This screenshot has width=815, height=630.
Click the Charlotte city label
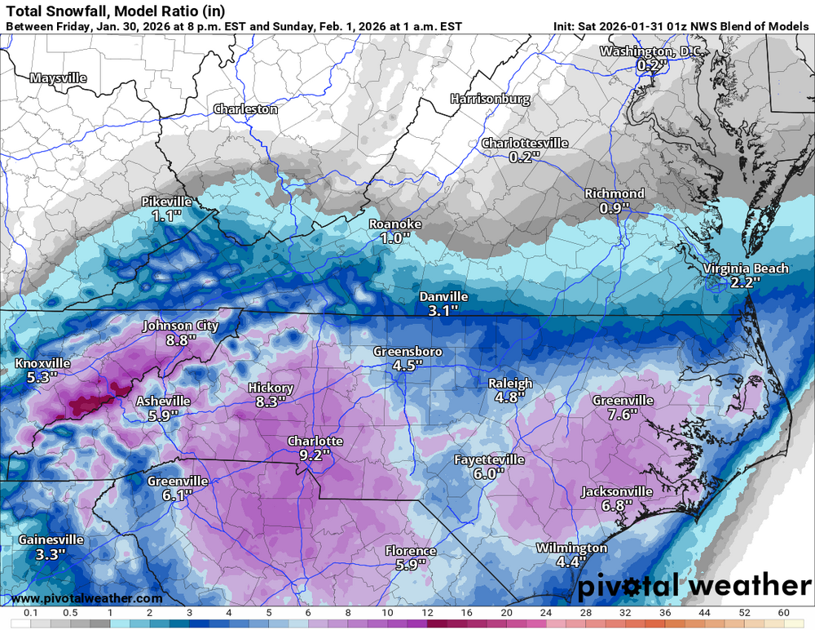tap(315, 441)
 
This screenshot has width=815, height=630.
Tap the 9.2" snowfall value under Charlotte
tap(315, 455)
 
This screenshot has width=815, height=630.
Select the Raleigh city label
tap(510, 384)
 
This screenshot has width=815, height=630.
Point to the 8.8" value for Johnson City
tap(181, 339)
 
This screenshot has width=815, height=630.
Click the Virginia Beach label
tap(746, 268)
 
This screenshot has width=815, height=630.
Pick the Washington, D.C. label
tap(650, 51)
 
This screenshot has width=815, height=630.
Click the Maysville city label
tap(58, 78)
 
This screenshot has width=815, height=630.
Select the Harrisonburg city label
tap(490, 99)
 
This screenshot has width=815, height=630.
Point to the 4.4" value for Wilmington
tap(571, 561)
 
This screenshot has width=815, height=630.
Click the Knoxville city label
tap(42, 363)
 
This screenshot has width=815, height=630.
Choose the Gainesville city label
tap(51, 540)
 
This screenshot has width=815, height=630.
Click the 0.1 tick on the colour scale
tap(31, 612)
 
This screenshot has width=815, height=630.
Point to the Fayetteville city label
tap(489, 460)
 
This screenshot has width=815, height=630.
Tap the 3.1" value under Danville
tap(443, 311)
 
